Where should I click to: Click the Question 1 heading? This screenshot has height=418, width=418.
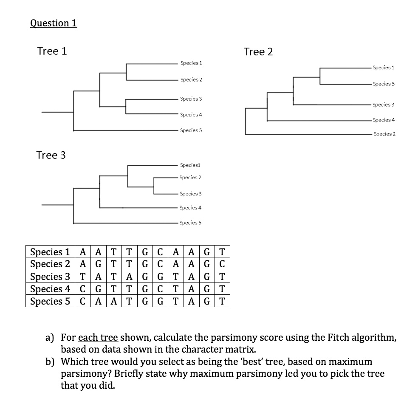point(54,23)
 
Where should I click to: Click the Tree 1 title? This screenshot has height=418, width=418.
point(52,51)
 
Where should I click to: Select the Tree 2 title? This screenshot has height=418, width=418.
point(258,52)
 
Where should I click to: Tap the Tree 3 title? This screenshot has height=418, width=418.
point(51,155)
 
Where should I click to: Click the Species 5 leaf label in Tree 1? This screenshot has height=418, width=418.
point(191,130)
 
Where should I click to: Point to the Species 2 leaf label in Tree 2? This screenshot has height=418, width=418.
point(384,134)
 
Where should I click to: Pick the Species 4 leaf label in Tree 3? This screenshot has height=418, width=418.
point(190,208)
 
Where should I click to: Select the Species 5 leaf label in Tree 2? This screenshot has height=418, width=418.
point(384,84)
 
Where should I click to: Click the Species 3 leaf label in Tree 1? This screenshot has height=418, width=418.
point(191,99)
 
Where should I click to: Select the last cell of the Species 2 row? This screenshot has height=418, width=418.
point(224,264)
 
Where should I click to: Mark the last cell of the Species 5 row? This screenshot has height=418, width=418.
point(224,301)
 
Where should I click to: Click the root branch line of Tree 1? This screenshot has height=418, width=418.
point(57,112)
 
